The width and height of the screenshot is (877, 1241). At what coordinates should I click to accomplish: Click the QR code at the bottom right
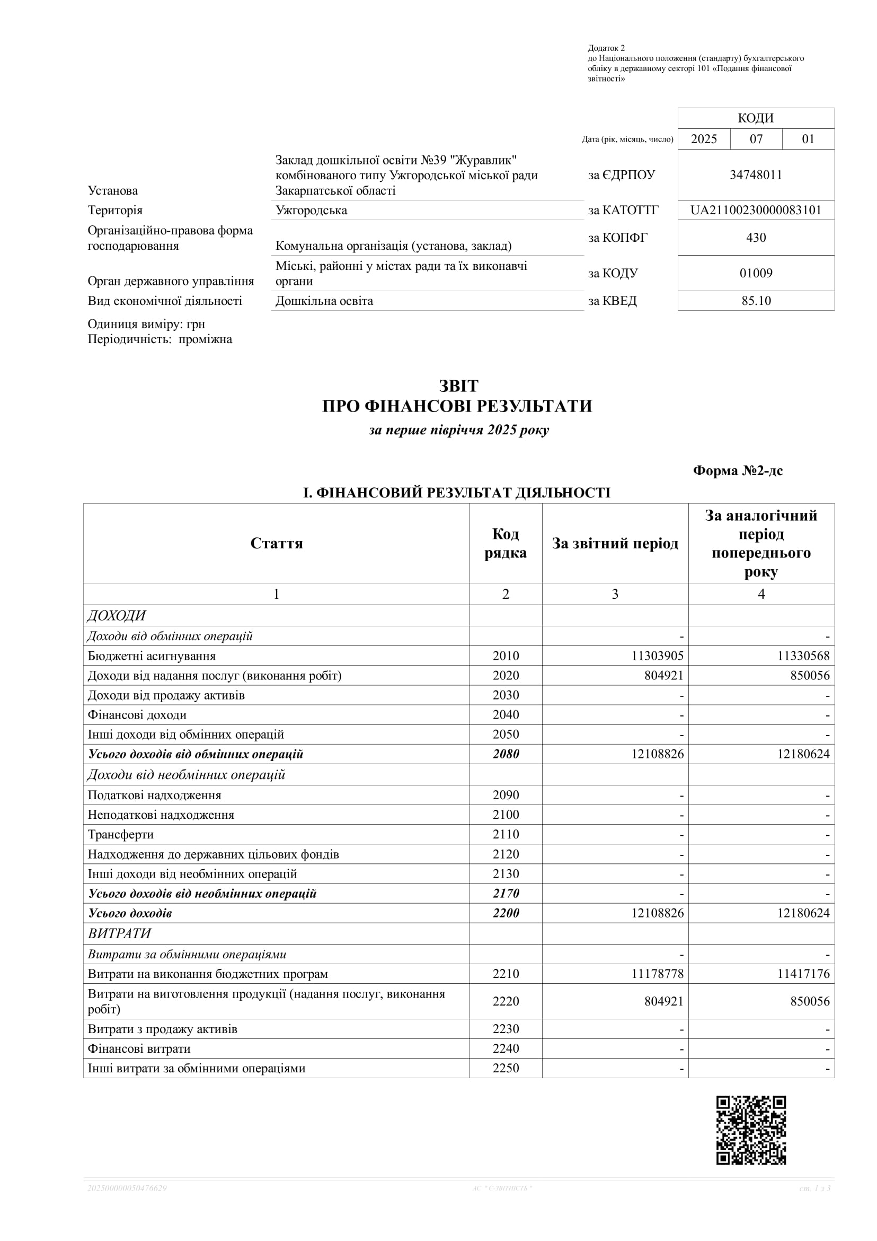(751, 1130)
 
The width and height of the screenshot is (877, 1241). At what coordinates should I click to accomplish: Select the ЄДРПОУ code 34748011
(756, 175)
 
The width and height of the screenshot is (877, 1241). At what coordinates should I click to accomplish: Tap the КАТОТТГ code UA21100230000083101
(756, 210)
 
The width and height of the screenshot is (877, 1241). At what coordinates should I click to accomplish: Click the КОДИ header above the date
(756, 118)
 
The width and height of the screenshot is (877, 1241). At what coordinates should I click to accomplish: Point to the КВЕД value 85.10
(756, 301)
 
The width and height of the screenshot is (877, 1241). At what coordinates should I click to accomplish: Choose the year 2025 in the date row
(704, 139)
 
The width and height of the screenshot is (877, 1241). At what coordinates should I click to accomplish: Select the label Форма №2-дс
(738, 471)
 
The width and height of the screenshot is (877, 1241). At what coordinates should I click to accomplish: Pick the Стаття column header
(276, 543)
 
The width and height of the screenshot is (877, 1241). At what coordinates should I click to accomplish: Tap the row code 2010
(506, 656)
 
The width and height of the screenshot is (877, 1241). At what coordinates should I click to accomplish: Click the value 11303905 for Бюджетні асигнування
(657, 656)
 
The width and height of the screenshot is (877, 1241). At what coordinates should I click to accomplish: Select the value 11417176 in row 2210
(803, 974)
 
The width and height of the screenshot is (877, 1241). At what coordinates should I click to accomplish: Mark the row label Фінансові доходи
(137, 715)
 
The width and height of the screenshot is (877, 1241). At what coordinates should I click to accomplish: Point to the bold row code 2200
(506, 913)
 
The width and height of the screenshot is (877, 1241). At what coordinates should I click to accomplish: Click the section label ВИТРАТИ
(119, 934)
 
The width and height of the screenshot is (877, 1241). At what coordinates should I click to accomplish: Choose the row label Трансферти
(120, 835)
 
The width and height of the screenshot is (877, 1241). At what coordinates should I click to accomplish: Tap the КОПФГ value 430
(756, 238)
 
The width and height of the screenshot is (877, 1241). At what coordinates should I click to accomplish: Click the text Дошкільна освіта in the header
(324, 301)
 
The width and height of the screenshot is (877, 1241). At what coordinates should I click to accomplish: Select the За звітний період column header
(615, 543)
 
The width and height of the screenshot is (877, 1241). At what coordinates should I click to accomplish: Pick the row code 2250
(506, 1069)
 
